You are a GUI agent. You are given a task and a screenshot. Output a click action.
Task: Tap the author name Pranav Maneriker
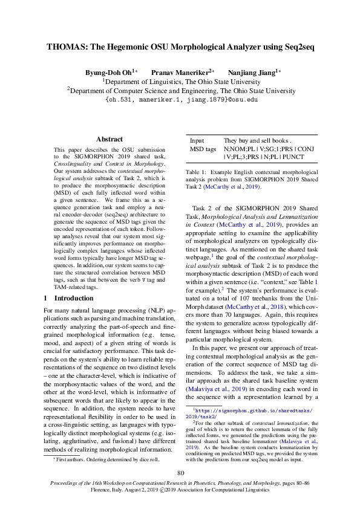click(178, 71)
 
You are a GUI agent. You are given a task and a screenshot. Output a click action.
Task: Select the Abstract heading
click(110, 139)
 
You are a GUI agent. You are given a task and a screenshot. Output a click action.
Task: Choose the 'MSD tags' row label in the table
click(203, 148)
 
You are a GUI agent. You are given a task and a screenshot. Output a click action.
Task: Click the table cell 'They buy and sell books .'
click(257, 140)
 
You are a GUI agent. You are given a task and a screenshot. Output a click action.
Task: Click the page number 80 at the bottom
click(180, 473)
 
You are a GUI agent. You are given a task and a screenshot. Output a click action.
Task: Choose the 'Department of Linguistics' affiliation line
click(180, 80)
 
